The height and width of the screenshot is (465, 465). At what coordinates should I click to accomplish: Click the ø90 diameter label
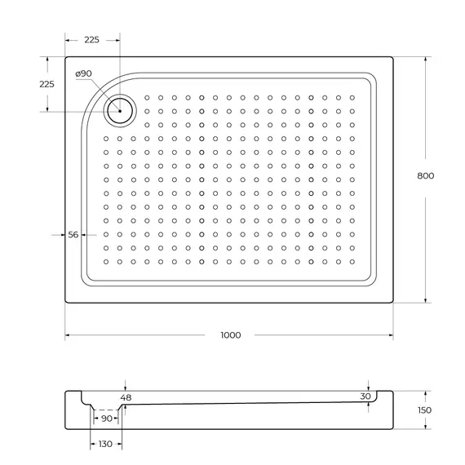pos(83,74)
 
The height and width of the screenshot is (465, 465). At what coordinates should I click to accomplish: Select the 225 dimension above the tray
pos(91,40)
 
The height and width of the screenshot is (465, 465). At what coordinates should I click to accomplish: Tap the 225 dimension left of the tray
pos(46,84)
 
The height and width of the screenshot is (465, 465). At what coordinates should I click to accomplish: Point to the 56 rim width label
pos(73,235)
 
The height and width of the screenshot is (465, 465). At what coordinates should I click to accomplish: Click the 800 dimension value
pos(425,176)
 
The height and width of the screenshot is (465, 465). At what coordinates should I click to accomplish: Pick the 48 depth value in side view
pos(125,397)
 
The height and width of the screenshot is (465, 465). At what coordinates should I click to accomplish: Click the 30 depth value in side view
pos(365,396)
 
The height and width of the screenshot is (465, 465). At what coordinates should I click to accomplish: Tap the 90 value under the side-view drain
pos(107,418)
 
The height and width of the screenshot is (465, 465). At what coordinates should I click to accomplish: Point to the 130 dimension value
pos(105,445)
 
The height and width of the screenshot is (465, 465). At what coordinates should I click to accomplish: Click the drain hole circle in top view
pos(119,108)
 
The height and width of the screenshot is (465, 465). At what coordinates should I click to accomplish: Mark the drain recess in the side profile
pos(107,407)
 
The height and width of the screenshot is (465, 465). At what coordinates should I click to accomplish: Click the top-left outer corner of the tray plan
pos(66,57)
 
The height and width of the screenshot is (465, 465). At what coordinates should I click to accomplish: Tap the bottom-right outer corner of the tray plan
pos(393,303)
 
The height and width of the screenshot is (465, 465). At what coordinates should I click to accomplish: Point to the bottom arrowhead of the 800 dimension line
pos(425,300)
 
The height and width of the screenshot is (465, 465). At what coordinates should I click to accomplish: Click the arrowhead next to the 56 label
pos(82,235)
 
